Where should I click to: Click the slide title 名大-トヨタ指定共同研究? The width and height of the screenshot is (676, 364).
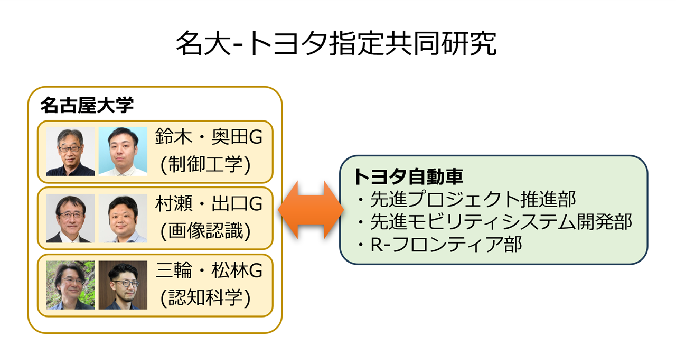pos(336,43)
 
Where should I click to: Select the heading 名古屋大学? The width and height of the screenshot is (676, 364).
pos(87,105)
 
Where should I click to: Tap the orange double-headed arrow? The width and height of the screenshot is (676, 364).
pos(311,210)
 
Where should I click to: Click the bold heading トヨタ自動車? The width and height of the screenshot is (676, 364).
pos(409,176)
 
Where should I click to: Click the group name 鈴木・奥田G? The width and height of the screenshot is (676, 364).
pos(209,137)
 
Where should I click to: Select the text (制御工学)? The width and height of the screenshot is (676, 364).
pos(205,164)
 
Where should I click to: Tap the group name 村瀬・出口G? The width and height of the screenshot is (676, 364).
pos(209,203)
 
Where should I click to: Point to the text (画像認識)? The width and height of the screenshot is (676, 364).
pos(205,231)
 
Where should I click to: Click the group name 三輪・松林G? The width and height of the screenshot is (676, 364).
pos(209,270)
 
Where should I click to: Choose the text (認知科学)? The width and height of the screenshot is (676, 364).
pos(205,298)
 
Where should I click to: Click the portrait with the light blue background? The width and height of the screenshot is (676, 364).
pos(123,152)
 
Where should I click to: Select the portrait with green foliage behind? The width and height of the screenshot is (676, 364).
pos(70,285)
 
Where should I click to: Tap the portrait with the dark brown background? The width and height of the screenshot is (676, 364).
pos(123,285)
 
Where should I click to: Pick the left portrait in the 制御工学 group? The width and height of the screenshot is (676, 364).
pos(70,152)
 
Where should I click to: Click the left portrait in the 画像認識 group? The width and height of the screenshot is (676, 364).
pos(70,218)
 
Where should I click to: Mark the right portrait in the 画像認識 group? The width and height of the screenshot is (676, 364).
pos(123,218)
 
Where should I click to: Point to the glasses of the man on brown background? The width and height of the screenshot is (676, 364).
pos(125,284)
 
